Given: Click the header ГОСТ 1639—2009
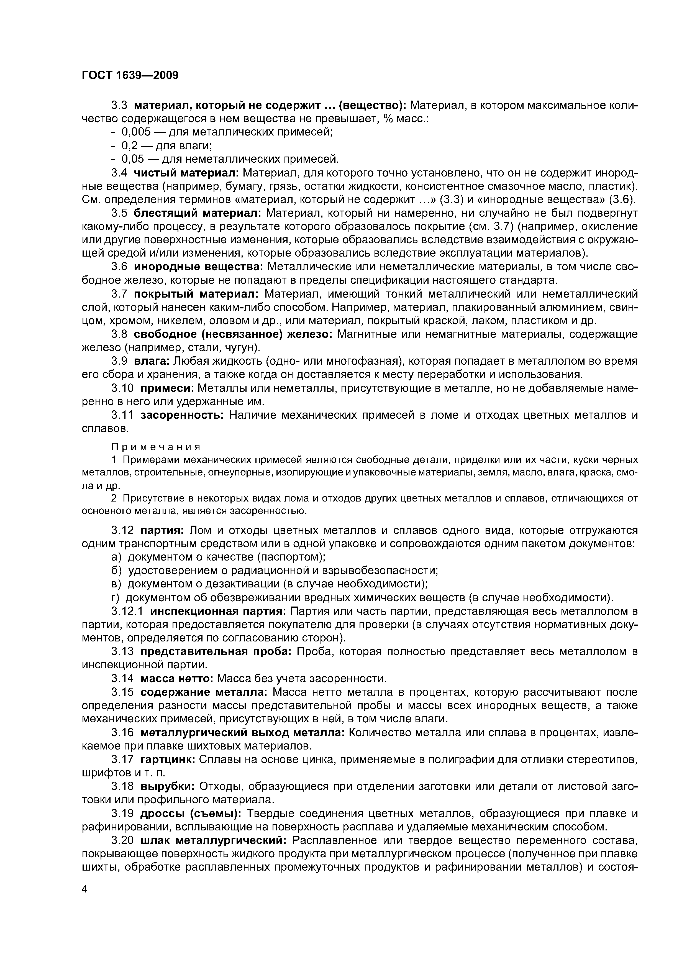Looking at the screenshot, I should (130, 75).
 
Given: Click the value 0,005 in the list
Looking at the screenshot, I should (136, 132).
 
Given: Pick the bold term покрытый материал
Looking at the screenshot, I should (196, 294).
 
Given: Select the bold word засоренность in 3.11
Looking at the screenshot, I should (182, 415).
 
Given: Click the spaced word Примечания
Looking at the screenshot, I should (155, 447).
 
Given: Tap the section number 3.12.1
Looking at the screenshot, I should (127, 611).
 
